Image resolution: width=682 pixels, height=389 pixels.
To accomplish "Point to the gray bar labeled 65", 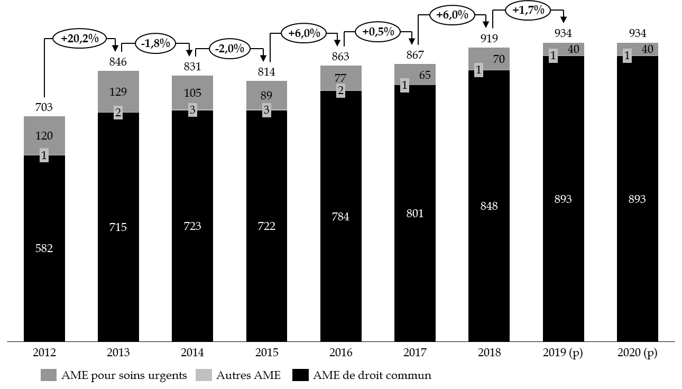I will tap(415, 75).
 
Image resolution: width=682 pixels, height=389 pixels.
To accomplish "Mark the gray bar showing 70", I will tap(489, 59).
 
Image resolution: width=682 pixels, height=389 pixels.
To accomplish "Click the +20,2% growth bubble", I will tap(80, 39).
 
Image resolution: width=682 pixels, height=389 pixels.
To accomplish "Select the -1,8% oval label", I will tap(155, 43).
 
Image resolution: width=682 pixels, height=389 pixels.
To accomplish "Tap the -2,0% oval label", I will tap(229, 49).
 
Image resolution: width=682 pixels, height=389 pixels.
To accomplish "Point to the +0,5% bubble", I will tap(378, 32).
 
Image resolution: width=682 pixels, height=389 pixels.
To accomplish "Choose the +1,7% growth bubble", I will tap(528, 10).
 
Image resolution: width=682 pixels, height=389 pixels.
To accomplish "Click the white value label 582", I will tap(44, 248).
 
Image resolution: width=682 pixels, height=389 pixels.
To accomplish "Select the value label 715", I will tap(118, 227).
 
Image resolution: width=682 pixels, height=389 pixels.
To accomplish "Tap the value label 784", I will tap(340, 217).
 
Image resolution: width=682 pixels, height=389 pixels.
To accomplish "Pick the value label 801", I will tap(415, 214).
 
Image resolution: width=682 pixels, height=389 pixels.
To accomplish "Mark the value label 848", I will tap(489, 206).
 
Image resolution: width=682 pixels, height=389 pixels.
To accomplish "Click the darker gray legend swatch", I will tap(49, 375).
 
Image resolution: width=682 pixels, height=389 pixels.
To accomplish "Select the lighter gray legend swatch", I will tap(204, 375).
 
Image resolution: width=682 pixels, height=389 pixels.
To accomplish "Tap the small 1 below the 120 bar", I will tap(44, 156).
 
